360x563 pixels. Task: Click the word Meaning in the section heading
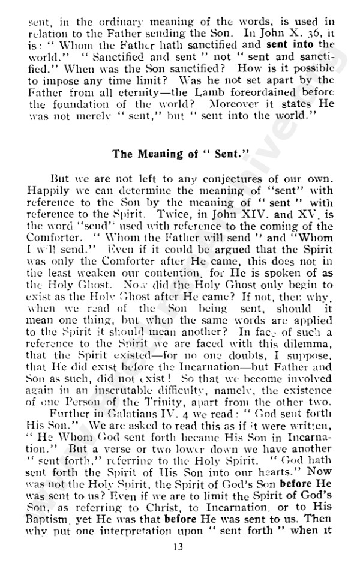[158, 154]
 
